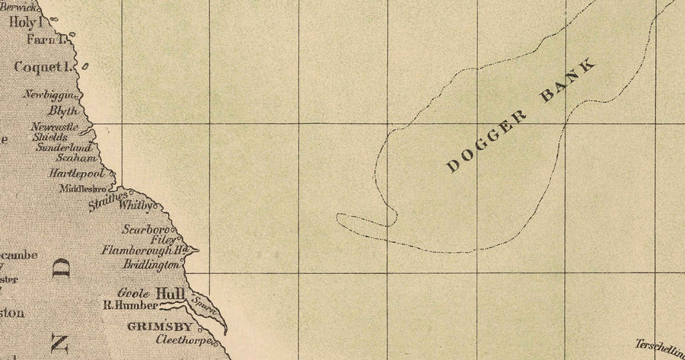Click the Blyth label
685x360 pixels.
(62, 110)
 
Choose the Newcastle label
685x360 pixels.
(55, 126)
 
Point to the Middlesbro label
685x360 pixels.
(85, 187)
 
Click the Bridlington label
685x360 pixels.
(151, 265)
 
